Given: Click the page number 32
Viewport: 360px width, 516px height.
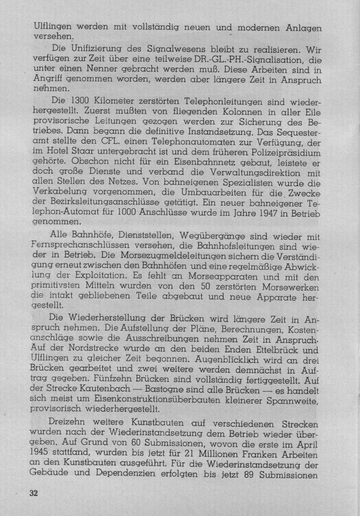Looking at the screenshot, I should pyautogui.click(x=33, y=493).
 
